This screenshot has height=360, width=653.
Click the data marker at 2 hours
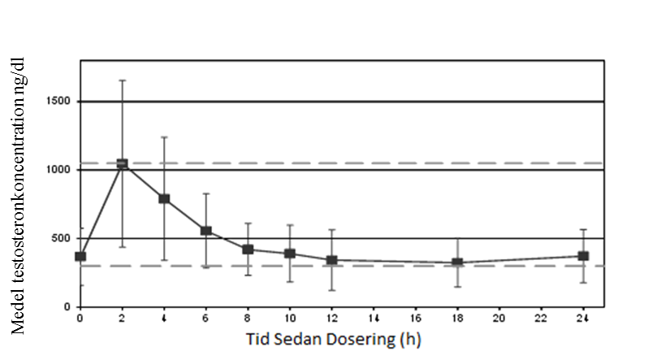[122, 164]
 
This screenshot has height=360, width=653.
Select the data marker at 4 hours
[164, 198]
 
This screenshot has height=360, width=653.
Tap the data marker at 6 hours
[206, 231]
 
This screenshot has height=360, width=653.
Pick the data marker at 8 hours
[248, 249]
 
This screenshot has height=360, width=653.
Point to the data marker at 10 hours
[290, 254]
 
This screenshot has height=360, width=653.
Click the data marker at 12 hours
[331, 260]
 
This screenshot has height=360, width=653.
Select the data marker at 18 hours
[457, 263]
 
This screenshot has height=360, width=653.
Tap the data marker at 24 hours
[583, 256]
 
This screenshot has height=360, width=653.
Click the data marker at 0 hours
[80, 257]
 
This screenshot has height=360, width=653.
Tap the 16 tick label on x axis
[415, 318]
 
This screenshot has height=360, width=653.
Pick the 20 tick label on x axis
[499, 318]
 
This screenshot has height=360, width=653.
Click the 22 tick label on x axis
[541, 318]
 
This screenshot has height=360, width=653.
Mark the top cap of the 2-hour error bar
[122, 80]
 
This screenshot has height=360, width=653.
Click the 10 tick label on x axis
[289, 318]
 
